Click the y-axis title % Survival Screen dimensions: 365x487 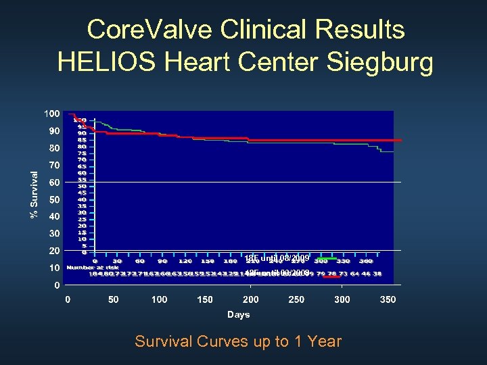(x=33, y=194)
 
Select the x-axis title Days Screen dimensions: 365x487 (x=238, y=314)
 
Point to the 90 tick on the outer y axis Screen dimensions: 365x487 (x=53, y=130)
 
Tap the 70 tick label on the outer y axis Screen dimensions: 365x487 (x=53, y=165)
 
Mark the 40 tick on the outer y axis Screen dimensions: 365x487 (x=53, y=216)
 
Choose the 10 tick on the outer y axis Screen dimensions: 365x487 (x=53, y=268)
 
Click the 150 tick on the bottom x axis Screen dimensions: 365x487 (x=204, y=299)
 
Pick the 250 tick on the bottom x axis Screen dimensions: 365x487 (x=296, y=299)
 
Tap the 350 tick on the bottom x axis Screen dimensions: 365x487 (x=388, y=299)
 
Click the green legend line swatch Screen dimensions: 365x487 (x=327, y=258)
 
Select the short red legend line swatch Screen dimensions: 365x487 (x=327, y=272)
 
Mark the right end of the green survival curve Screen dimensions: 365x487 (x=393, y=151)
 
